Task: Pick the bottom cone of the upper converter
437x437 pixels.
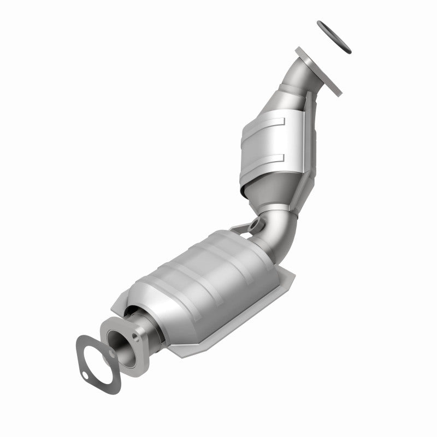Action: [268, 191]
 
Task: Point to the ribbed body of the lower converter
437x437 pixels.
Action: [208, 273]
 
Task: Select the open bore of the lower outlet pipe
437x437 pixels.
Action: [122, 344]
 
